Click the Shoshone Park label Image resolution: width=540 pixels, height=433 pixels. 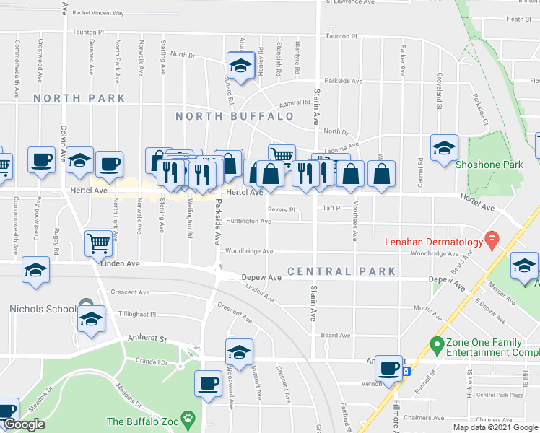coord(489,165)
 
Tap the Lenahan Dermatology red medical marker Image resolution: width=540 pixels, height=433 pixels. coord(492,238)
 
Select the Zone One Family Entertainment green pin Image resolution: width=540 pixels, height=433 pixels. coord(436,345)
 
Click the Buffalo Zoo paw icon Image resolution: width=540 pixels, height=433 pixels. coord(188,419)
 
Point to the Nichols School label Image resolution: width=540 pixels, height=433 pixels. coord(42,309)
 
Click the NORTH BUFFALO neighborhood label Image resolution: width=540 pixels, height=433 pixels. coord(235,116)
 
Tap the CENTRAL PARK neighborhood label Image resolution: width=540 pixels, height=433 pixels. coord(341,271)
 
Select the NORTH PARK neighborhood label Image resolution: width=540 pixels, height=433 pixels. coord(79,98)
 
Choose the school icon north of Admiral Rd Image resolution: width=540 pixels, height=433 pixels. coord(238,65)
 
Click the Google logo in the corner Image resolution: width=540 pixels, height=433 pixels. coord(24,424)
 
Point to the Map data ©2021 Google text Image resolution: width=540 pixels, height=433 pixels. coord(495,427)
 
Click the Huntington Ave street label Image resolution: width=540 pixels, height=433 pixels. coord(248,222)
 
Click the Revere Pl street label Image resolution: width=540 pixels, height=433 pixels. coord(282,209)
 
